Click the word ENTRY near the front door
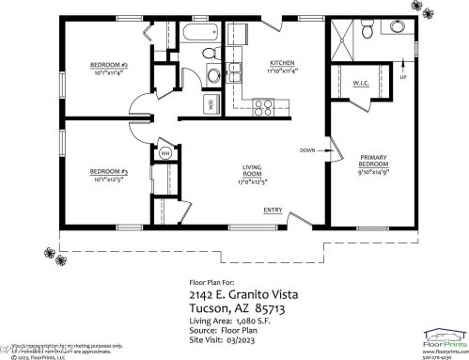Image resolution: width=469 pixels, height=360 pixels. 273,210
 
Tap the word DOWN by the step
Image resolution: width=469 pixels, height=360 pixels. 307,150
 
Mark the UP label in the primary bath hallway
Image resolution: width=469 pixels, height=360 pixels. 403,78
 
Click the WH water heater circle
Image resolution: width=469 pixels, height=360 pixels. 164,153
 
